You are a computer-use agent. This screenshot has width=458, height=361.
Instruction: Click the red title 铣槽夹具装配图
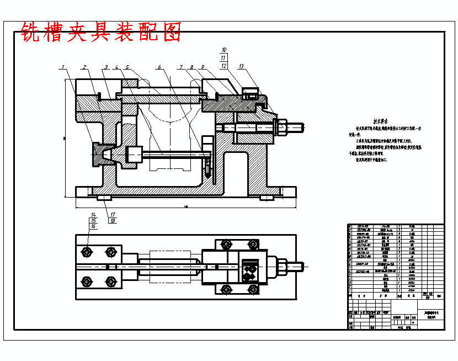[x=101, y=32]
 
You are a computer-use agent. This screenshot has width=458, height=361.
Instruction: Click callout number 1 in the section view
[x=63, y=67]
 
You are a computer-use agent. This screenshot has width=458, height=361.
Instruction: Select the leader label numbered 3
[x=105, y=67]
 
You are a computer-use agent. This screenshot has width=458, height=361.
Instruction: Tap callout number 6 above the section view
[x=159, y=67]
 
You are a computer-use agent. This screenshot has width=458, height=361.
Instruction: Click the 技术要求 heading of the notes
[x=381, y=120]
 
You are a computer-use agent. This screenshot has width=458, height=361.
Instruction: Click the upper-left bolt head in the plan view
[x=87, y=252]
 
